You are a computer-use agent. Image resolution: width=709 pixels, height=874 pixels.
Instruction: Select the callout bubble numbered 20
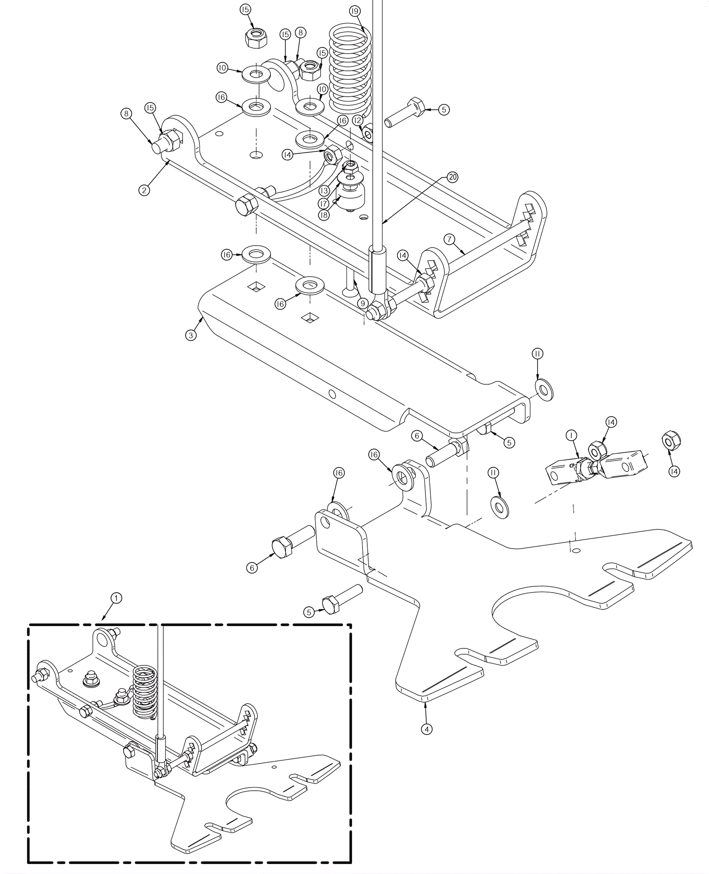tap(452, 177)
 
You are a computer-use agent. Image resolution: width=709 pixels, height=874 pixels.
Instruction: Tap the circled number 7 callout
tap(449, 240)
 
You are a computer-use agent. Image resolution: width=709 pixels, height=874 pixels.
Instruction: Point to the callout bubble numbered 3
tap(191, 335)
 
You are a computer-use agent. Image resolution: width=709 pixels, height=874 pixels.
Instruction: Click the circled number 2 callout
tap(144, 190)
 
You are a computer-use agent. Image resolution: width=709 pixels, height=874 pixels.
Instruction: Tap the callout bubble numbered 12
tap(358, 120)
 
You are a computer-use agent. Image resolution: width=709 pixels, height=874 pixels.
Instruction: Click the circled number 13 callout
tap(324, 191)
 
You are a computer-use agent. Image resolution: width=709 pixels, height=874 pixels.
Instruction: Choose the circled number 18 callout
tap(324, 215)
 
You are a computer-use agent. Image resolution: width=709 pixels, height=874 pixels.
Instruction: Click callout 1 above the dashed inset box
tap(116, 598)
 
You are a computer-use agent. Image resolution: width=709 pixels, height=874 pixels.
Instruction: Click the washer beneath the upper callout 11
tap(544, 390)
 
